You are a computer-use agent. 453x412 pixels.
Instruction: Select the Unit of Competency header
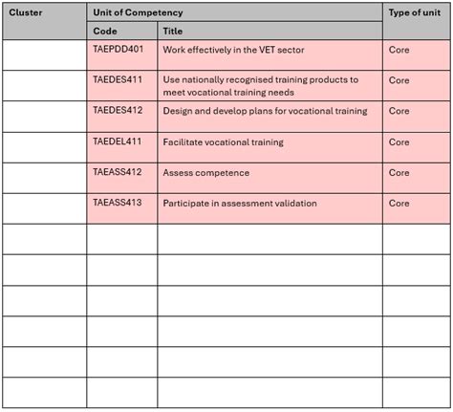click(138, 12)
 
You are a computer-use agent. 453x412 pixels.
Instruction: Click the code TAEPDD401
click(118, 48)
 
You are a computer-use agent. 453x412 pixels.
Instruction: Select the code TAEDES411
click(118, 79)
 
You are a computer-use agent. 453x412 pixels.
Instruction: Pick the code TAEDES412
click(118, 110)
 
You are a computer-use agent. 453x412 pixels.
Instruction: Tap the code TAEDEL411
click(118, 141)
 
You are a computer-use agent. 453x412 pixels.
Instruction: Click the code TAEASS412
click(118, 172)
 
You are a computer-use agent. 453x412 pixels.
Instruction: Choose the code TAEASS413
click(118, 203)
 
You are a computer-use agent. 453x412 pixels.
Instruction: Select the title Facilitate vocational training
click(223, 141)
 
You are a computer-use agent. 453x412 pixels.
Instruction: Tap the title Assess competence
click(205, 173)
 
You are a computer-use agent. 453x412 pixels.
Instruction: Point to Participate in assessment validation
click(240, 204)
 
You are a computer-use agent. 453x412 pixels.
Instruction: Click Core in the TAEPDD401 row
click(399, 48)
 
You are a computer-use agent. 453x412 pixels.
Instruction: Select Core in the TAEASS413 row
click(399, 204)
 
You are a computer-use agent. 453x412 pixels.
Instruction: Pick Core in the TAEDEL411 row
click(399, 141)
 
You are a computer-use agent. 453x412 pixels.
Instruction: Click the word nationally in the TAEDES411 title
click(205, 79)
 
